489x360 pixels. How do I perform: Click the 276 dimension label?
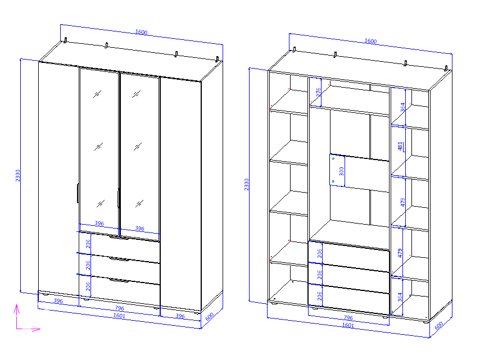[x=318, y=92]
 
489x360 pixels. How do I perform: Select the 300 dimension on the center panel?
[x=342, y=171]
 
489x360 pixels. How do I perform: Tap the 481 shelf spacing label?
[x=400, y=146]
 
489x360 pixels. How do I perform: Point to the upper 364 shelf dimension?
[x=403, y=107]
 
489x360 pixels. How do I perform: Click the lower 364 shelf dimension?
[x=400, y=297]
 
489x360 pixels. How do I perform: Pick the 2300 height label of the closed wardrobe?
[x=18, y=175]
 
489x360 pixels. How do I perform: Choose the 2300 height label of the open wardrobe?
[x=247, y=185]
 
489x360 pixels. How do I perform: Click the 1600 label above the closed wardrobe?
[x=141, y=32]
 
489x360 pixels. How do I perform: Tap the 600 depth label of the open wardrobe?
[x=439, y=325]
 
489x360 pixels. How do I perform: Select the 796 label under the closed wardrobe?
[x=120, y=308]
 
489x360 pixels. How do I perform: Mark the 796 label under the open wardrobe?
[x=348, y=318]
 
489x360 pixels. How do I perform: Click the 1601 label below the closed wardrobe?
[x=119, y=316]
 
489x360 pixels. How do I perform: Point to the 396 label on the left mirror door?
[x=99, y=223]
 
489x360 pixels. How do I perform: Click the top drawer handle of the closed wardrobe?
[x=119, y=238]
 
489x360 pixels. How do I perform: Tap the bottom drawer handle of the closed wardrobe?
[x=119, y=280]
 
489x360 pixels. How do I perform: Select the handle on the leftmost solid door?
[x=78, y=193]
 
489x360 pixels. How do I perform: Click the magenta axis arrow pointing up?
[x=17, y=316]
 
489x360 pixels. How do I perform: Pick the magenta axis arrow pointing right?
[x=29, y=329]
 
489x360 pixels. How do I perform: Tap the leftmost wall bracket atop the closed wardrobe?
[x=66, y=40]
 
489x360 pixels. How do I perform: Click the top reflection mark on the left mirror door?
[x=97, y=94]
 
